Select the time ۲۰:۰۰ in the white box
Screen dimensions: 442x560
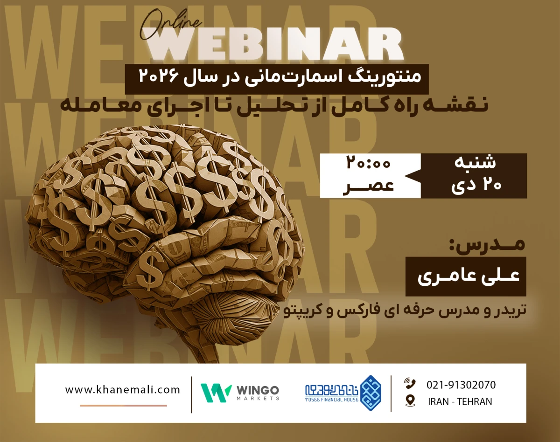(368, 165)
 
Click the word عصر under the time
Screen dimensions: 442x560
(368, 185)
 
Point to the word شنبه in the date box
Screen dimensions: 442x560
(475, 163)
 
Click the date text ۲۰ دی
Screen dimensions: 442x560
(475, 185)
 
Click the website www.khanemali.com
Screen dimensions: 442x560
(122, 390)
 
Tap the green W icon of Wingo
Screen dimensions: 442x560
(216, 393)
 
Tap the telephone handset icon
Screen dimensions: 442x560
(410, 384)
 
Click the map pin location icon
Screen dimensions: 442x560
(410, 401)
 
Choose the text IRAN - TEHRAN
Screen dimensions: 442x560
(460, 401)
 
